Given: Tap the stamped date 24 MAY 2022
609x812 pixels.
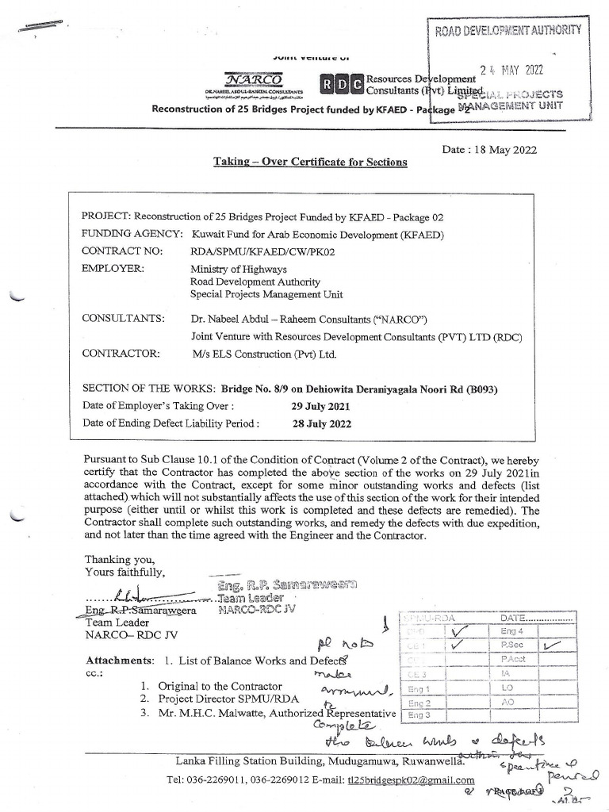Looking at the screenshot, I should [523, 70].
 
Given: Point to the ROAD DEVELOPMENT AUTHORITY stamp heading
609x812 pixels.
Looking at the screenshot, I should [508, 31].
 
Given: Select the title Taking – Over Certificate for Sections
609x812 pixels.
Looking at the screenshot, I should [310, 162].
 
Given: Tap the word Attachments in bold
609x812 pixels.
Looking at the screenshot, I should [119, 661].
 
